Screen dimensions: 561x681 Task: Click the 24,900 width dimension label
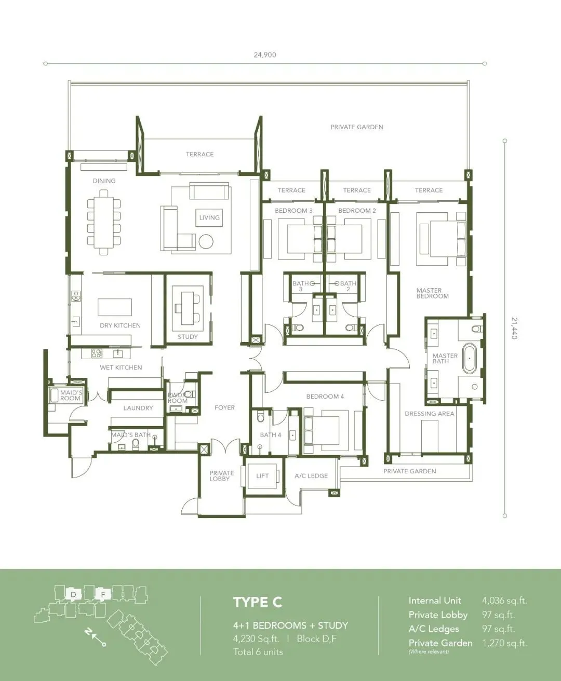click(265, 55)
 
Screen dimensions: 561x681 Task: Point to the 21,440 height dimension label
click(514, 329)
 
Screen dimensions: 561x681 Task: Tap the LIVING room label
click(209, 217)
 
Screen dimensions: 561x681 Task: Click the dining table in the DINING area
click(104, 223)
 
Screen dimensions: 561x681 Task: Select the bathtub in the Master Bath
click(470, 359)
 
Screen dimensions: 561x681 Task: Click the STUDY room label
click(188, 337)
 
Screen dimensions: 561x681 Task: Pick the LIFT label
click(262, 475)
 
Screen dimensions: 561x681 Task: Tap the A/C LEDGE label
click(311, 475)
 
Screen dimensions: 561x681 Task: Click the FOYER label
click(224, 407)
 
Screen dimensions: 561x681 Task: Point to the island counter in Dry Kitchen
click(115, 307)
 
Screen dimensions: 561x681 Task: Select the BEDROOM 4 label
click(325, 396)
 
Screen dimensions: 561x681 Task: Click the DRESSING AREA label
click(430, 414)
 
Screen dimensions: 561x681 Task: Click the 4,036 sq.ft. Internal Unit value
click(504, 601)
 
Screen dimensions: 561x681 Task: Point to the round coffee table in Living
click(206, 241)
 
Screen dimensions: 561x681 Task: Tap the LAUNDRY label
click(138, 408)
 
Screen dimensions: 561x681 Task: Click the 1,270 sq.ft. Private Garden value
click(504, 643)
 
